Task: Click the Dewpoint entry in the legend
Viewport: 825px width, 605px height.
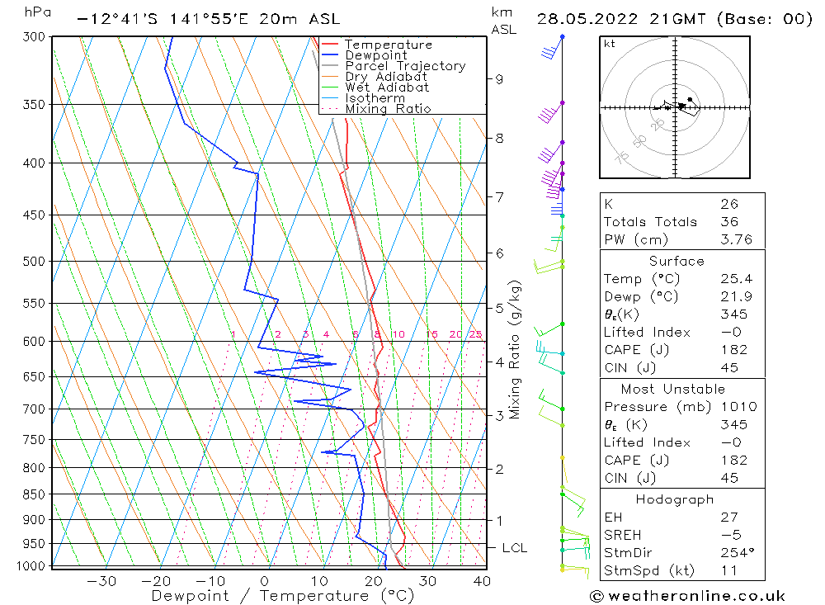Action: (x=375, y=55)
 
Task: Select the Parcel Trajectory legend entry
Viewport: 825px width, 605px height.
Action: (x=405, y=66)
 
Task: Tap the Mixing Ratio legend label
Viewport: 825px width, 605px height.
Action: (x=388, y=109)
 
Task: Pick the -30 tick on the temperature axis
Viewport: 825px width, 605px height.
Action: (x=101, y=581)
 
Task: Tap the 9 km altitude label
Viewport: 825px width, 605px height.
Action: (x=499, y=79)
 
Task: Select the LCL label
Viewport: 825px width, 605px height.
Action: (x=515, y=548)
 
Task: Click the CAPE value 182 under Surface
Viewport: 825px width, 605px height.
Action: (x=733, y=350)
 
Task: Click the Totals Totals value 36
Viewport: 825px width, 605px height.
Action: (x=728, y=222)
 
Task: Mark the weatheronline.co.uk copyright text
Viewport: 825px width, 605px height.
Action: (x=686, y=596)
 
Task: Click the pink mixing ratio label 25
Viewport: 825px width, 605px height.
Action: (x=475, y=334)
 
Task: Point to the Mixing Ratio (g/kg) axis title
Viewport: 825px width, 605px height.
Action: (x=516, y=350)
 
